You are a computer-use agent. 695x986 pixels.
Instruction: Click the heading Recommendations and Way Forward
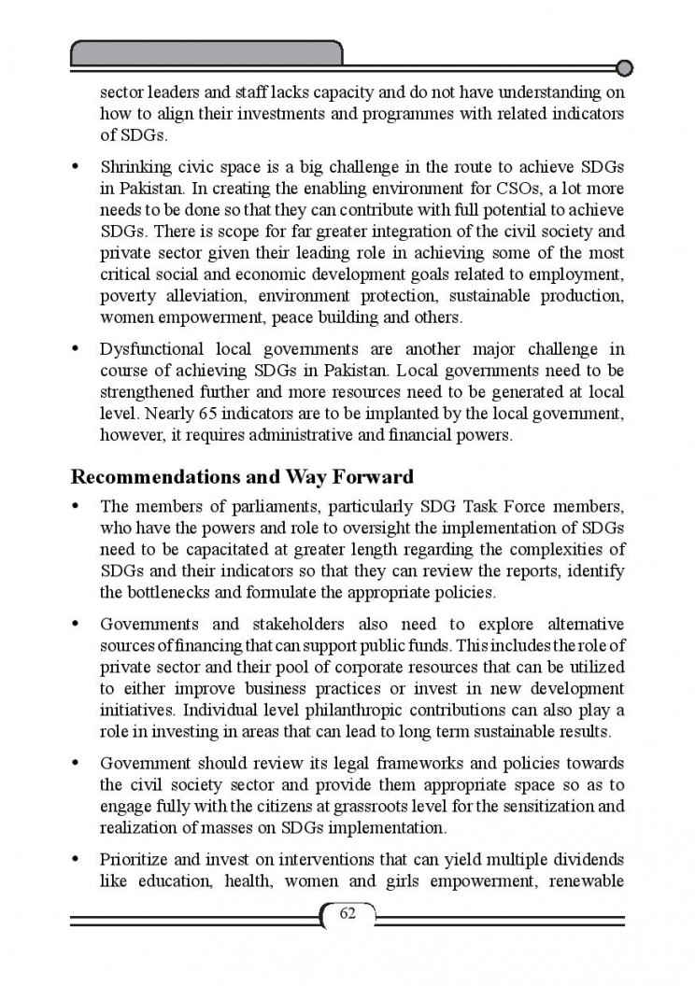point(242,477)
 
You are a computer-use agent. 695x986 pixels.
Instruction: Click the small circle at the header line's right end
point(625,67)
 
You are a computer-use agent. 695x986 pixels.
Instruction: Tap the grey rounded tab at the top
point(206,52)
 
